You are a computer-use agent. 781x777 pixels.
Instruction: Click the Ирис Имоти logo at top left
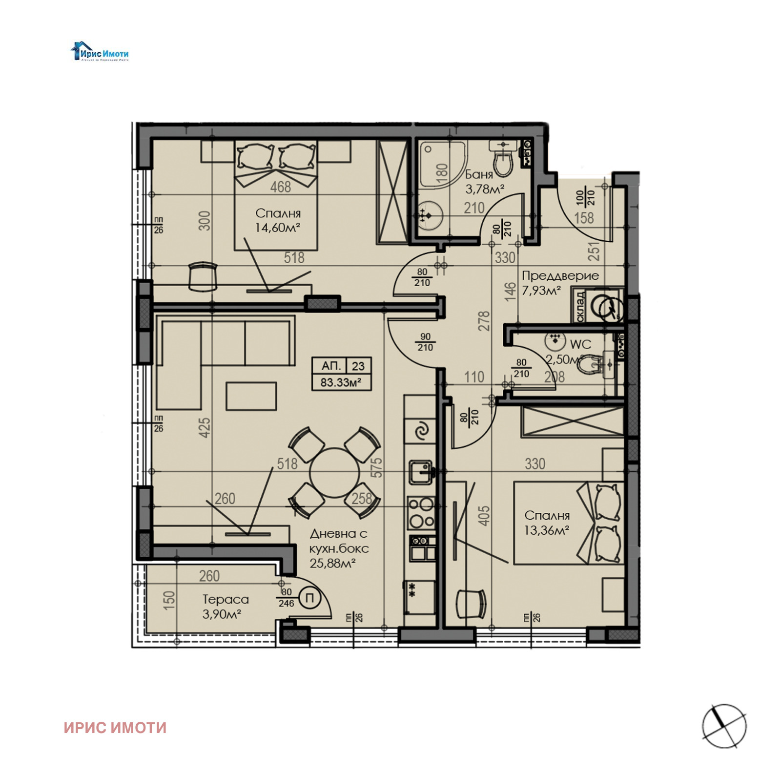tap(100, 52)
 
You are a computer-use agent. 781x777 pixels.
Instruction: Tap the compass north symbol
tap(724, 726)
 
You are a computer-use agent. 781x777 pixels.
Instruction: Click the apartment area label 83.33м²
tap(341, 382)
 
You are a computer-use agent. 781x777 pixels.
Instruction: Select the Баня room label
tap(478, 174)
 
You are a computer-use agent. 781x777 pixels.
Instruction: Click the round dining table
tap(334, 472)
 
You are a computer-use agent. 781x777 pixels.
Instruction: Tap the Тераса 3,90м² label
tap(225, 606)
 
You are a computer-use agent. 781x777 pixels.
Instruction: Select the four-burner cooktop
tap(421, 512)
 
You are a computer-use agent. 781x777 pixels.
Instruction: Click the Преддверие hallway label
tap(560, 275)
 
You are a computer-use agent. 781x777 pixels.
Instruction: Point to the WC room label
tap(580, 344)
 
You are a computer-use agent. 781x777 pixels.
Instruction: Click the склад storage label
tap(579, 306)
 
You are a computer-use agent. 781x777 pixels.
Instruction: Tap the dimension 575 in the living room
tap(376, 467)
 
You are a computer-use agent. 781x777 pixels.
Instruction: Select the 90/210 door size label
tap(425, 342)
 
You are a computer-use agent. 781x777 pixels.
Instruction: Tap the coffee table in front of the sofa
tap(251, 396)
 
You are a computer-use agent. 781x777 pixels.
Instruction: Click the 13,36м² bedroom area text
tap(546, 530)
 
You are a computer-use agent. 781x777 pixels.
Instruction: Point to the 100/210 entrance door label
tap(584, 197)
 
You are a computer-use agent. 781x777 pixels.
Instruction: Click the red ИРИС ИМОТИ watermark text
tap(115, 728)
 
